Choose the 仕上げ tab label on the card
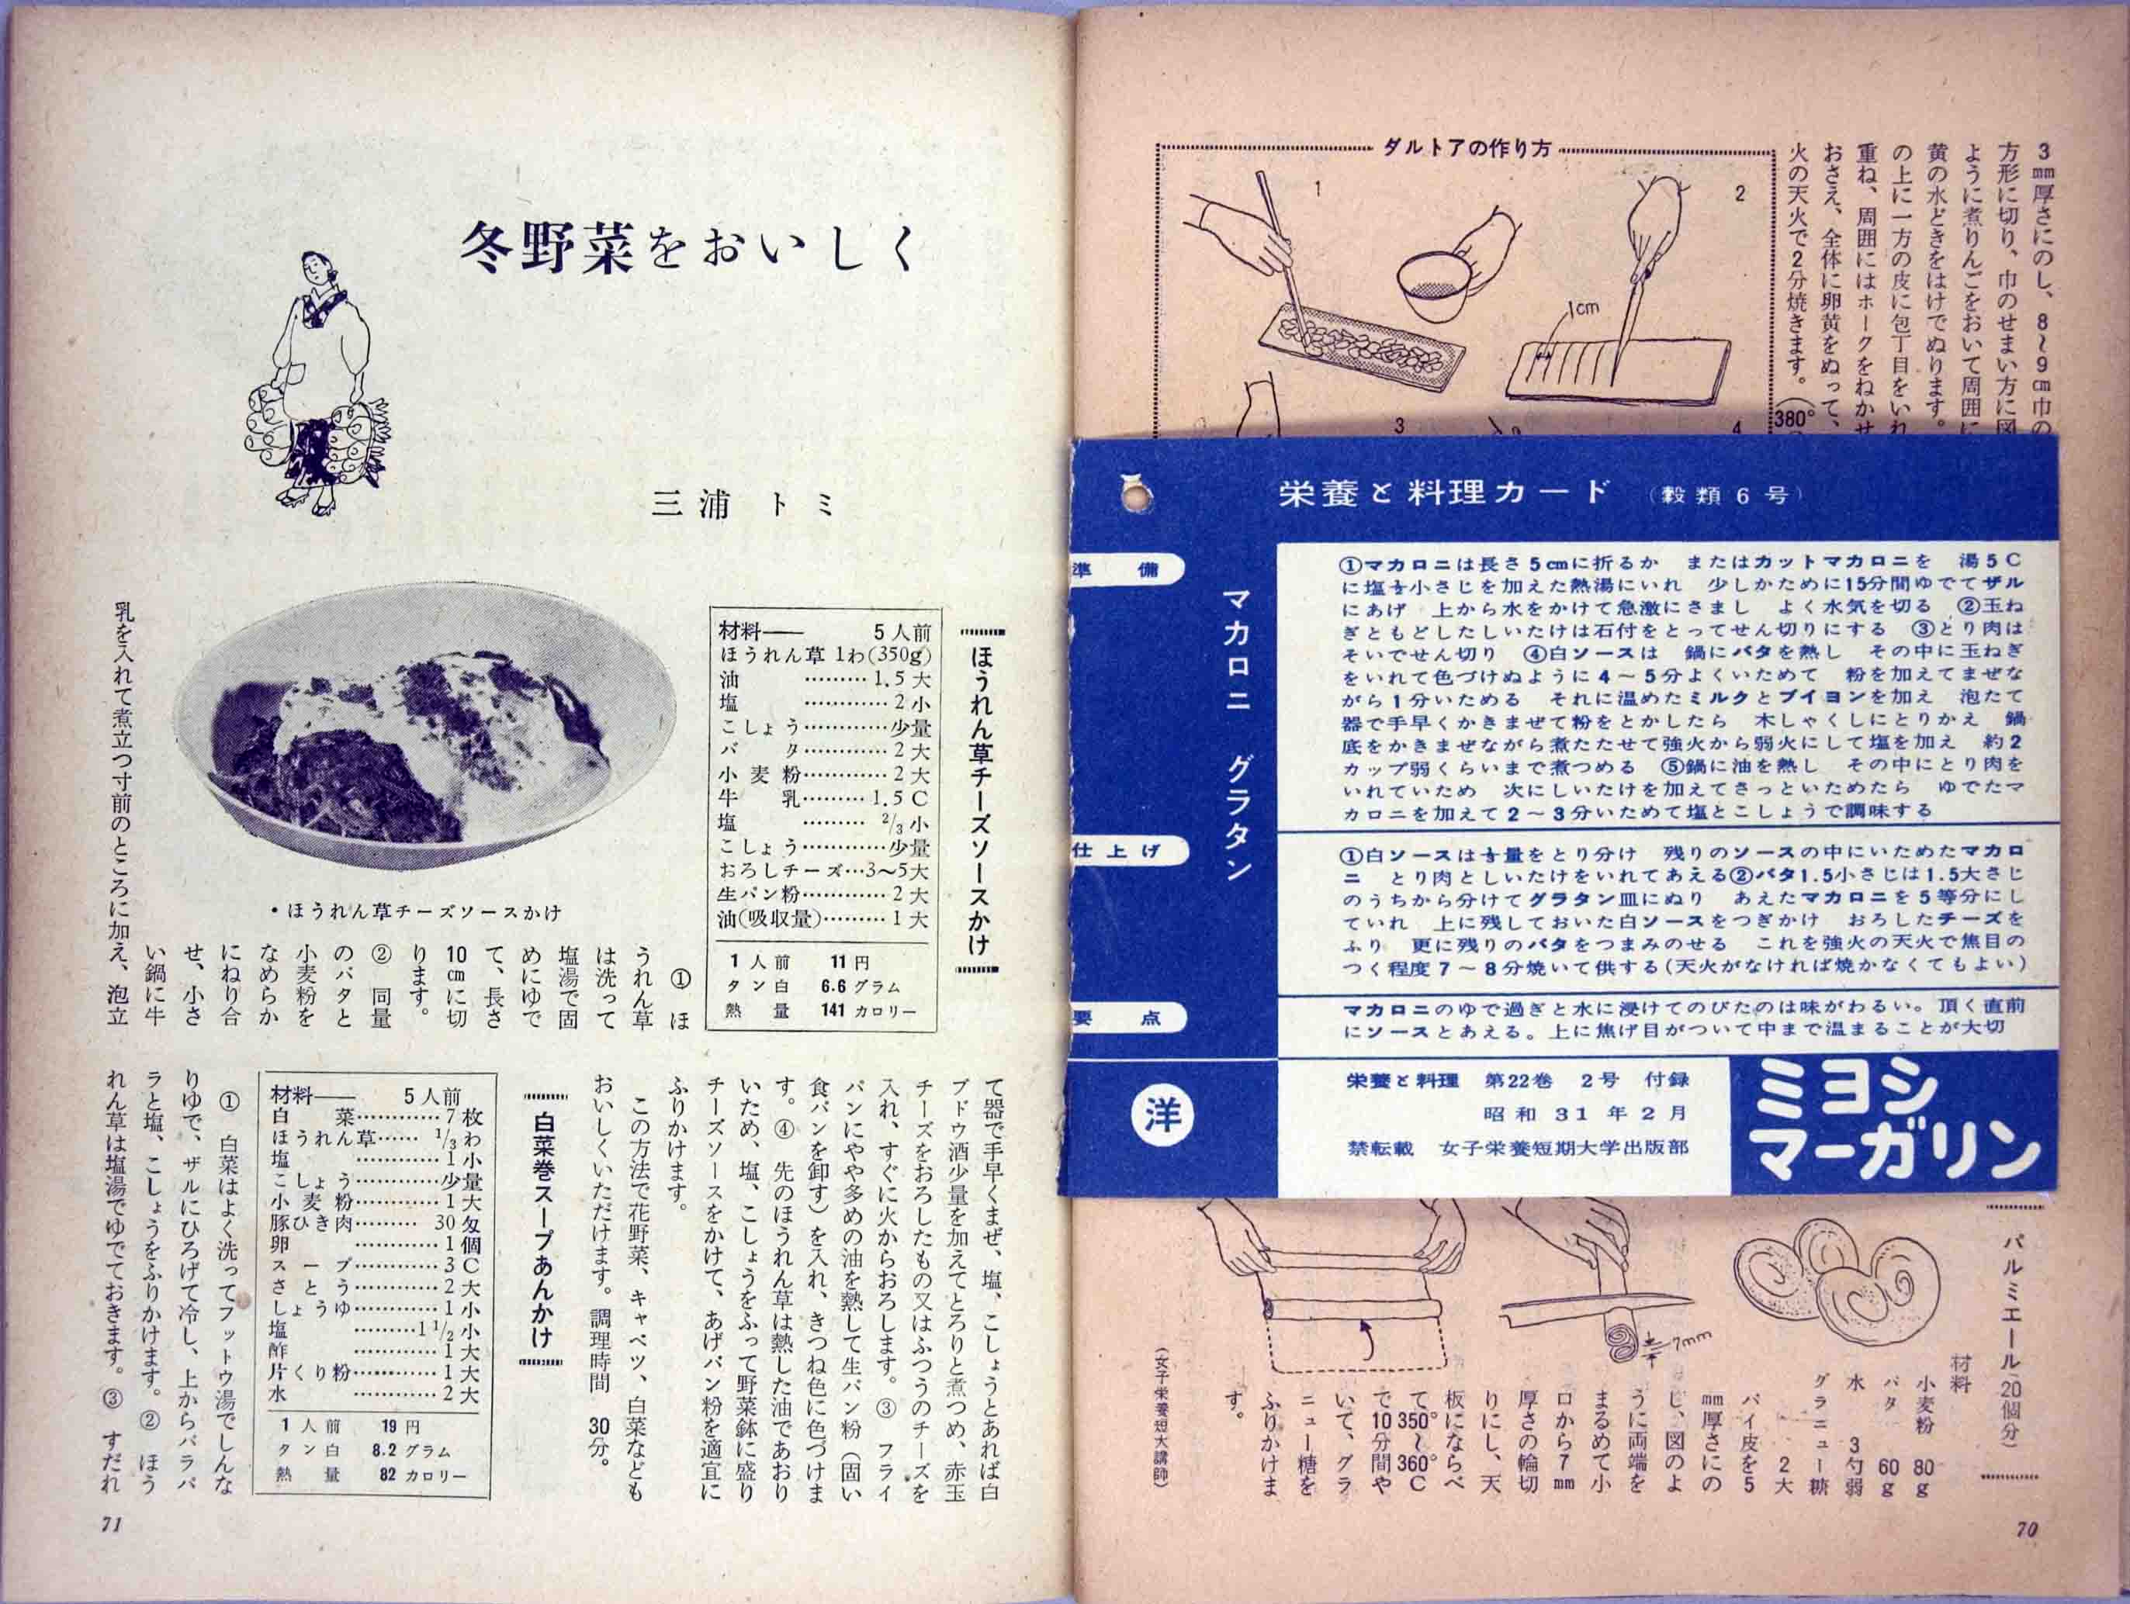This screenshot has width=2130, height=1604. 1118,851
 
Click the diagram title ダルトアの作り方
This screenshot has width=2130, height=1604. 1463,149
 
